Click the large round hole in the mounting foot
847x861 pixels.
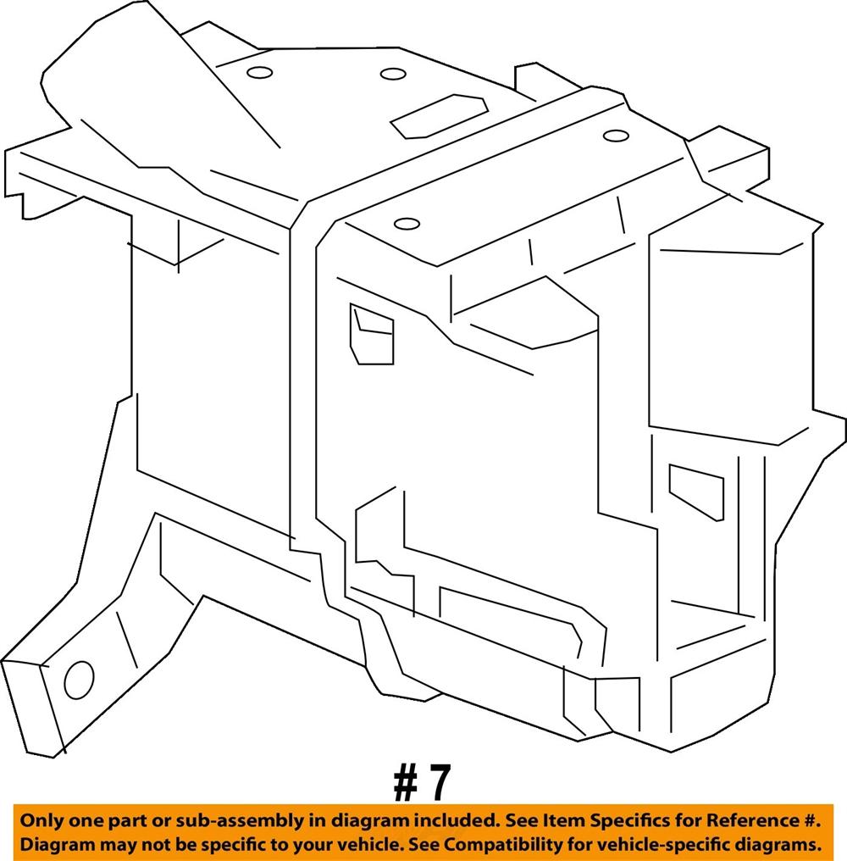79,680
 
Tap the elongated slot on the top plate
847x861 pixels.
439,116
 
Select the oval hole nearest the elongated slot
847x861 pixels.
393,74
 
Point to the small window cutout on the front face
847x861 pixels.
372,334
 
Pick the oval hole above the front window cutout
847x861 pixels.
407,224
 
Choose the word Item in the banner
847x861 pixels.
564,821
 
